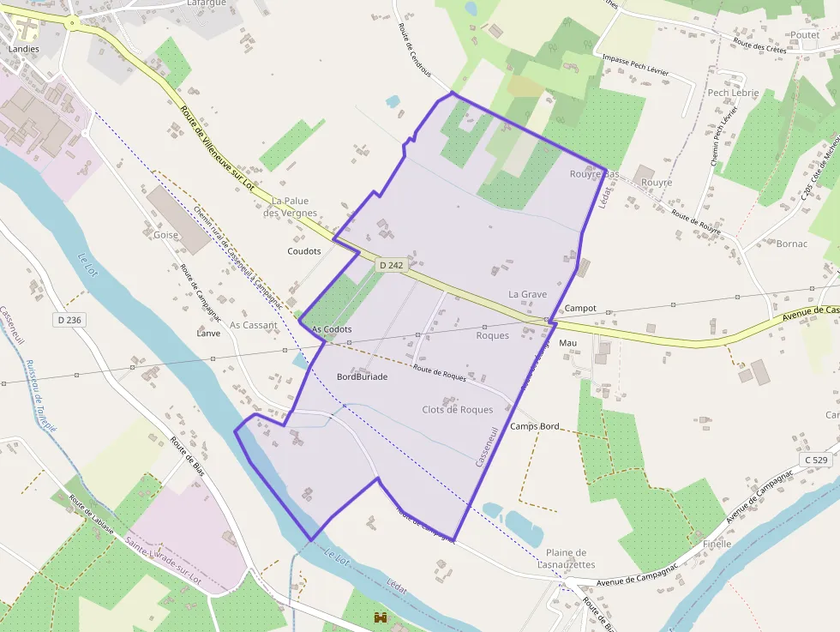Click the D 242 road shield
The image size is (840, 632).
coord(390,266)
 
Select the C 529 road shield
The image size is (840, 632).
coord(817,460)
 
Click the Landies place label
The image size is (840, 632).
coord(23,50)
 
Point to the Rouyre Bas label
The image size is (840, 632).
coord(594,174)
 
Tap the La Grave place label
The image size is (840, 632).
coord(527,294)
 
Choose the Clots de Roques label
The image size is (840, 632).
coord(458,410)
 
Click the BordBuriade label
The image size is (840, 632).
coord(362,376)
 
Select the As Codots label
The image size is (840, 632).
coord(332,329)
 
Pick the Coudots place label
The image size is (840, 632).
coord(304,251)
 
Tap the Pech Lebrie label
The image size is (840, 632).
coord(733,93)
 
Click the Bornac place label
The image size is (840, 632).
coord(791,244)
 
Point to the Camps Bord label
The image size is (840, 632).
coord(534,426)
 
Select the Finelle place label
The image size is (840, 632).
coord(717,544)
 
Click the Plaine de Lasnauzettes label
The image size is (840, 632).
coord(566,558)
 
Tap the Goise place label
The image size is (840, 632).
coord(166,235)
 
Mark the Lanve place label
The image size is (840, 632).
coord(208,334)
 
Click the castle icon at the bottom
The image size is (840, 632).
coord(381,617)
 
